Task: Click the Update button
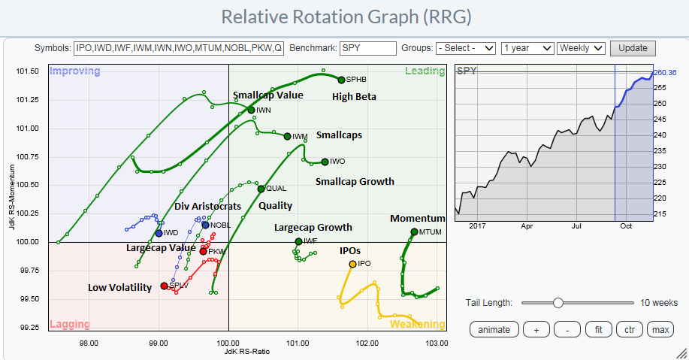click(x=633, y=47)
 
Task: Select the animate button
click(x=494, y=329)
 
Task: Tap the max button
click(x=660, y=329)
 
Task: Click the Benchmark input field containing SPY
click(x=367, y=47)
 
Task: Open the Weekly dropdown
click(x=581, y=47)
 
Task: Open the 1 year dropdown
click(x=527, y=47)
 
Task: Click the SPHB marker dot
click(x=341, y=80)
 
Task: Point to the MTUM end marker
click(x=414, y=231)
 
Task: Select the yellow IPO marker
click(x=352, y=264)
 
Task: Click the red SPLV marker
click(x=165, y=286)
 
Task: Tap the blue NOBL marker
click(x=205, y=225)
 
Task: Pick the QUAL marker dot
click(x=261, y=189)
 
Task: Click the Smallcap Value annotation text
click(x=267, y=95)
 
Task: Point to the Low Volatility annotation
click(x=119, y=287)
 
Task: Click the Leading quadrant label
click(x=425, y=71)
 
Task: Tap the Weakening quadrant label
click(x=417, y=325)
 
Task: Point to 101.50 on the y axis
click(x=28, y=71)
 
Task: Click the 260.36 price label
click(x=666, y=73)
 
